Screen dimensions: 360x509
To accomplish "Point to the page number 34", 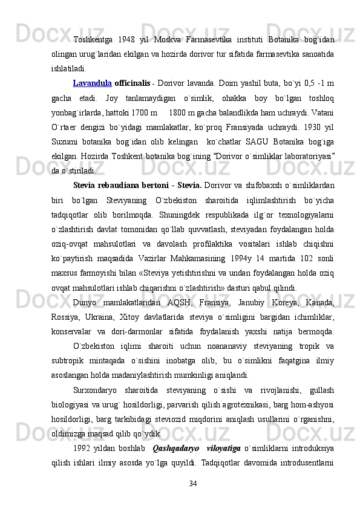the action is [x=193, y=483].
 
